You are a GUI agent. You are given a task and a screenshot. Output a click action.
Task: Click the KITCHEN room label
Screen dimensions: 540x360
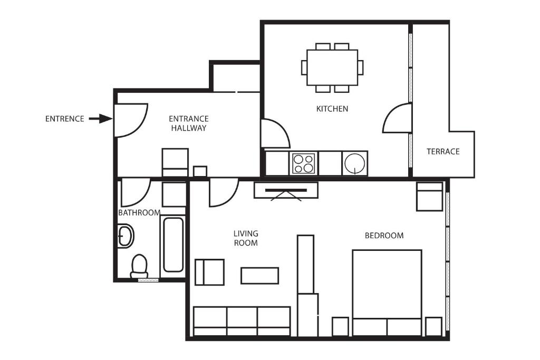coord(332,109)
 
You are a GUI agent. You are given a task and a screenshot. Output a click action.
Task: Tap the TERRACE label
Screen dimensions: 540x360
coord(443,151)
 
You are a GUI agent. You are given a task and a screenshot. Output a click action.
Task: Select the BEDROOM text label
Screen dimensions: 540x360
coord(384,236)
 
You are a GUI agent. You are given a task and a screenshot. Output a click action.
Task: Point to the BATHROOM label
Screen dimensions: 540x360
coord(139,213)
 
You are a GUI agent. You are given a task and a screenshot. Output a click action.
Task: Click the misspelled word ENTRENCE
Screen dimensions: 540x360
coord(65,119)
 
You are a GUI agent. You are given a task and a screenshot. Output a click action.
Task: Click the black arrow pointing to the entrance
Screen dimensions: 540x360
coord(101,119)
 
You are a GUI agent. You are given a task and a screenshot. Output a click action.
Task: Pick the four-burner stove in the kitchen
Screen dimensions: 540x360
coord(303,163)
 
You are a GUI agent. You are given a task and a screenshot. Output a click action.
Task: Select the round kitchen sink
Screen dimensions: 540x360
coord(355,163)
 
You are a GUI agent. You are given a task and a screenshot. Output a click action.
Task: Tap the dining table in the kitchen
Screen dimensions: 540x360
coord(332,67)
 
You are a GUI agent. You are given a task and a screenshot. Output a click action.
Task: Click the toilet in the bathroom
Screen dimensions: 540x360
coord(139,266)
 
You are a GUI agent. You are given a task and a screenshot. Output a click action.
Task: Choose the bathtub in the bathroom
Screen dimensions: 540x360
coord(173,245)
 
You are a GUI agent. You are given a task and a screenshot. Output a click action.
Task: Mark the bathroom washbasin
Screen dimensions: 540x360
coord(126,236)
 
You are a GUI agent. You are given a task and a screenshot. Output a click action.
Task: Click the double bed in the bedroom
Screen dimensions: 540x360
coord(387,293)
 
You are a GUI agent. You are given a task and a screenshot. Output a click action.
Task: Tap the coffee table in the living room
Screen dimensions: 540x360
coord(259,276)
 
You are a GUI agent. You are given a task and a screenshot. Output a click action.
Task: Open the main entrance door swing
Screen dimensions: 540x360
coord(131,121)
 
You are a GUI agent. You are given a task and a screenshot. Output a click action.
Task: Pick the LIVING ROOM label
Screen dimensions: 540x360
coord(246,238)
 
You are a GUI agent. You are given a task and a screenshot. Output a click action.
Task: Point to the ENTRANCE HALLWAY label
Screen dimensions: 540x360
coord(189,123)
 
